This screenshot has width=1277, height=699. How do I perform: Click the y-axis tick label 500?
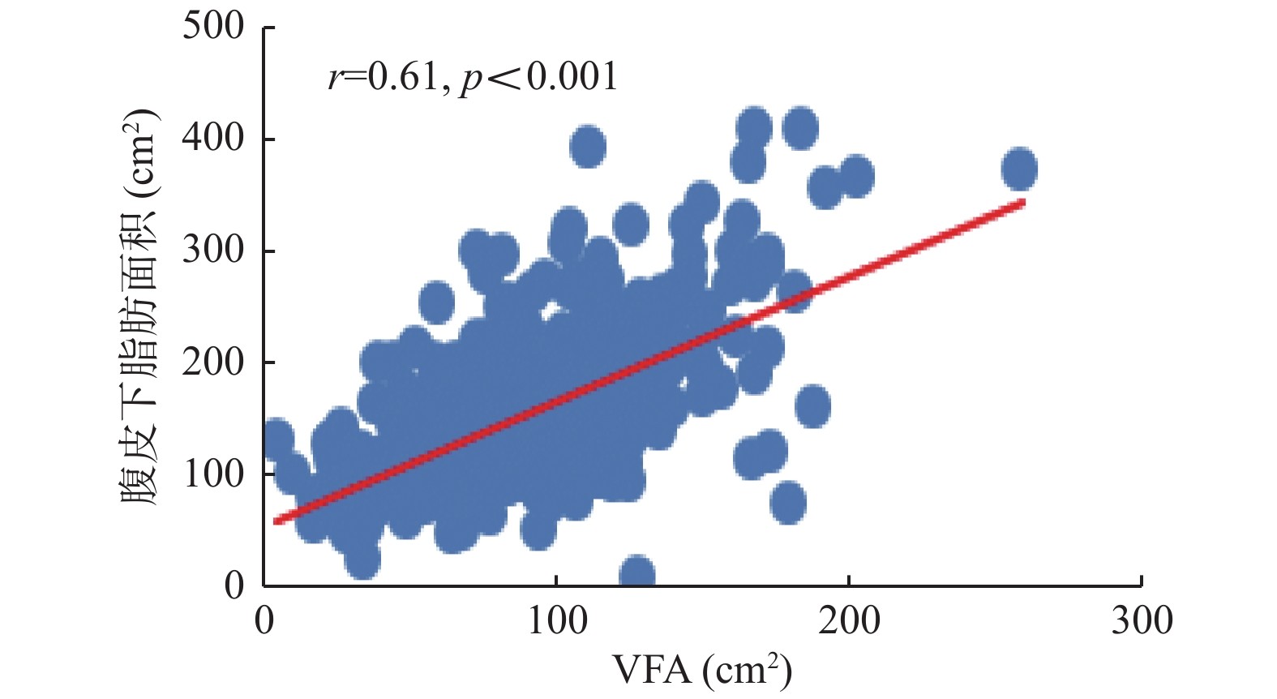pos(212,27)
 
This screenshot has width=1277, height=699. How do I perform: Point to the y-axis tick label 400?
pos(212,139)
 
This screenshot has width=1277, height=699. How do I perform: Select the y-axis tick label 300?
pos(212,251)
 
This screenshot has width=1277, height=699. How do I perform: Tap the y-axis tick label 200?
pos(212,362)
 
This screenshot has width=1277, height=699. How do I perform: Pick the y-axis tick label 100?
pos(212,474)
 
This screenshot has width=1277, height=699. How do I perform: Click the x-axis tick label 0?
pos(264,621)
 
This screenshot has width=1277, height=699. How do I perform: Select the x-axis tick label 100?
pos(556,621)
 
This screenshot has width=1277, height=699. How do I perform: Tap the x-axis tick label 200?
pos(848,621)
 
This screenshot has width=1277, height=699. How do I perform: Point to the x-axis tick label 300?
pos(1141,621)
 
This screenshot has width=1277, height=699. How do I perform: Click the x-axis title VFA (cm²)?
pos(701,670)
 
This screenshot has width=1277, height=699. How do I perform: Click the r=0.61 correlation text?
pos(384,78)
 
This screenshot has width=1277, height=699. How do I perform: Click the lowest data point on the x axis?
pos(636,573)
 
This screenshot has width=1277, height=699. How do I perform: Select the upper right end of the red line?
pos(1023,201)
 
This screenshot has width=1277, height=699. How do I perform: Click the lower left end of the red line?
pos(276,521)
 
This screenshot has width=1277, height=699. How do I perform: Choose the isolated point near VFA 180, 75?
pos(788,503)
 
